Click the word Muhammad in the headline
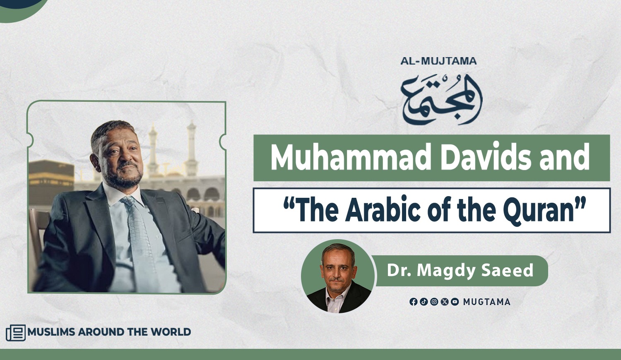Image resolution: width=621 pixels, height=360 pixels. click(350, 157)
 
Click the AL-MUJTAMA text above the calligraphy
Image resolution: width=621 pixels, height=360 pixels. click(438, 61)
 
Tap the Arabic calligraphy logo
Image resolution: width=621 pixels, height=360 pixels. click(442, 100)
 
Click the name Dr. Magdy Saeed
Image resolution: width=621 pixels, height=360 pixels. click(460, 271)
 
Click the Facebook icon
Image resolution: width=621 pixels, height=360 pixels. click(413, 302)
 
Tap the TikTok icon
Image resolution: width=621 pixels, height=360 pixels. click(424, 302)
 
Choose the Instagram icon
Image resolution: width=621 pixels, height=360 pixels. click(434, 302)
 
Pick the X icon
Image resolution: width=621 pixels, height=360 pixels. click(444, 302)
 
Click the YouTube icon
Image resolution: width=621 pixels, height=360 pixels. click(455, 302)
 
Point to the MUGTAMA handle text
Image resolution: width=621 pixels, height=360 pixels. click(487, 302)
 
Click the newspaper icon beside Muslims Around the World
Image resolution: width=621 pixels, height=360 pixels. click(16, 333)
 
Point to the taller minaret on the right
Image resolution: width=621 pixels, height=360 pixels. click(191, 148)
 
